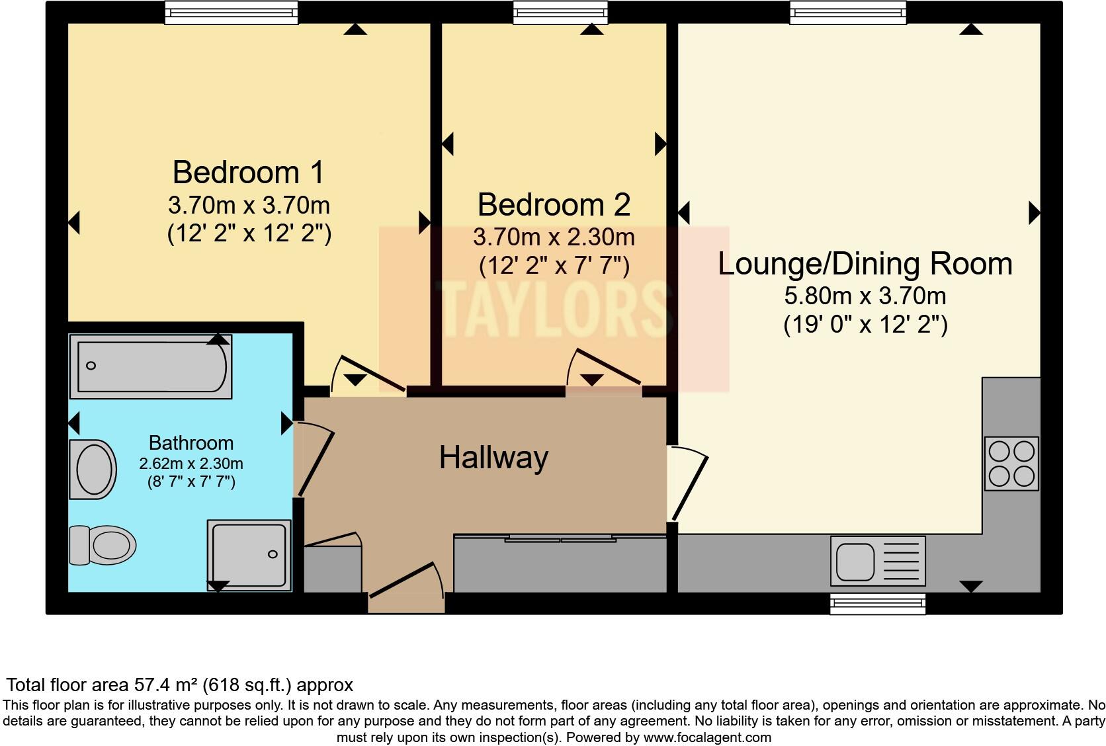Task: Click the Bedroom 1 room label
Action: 248,173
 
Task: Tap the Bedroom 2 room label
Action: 554,204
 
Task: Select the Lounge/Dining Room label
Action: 865,264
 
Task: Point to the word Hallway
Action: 493,458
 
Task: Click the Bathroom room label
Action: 191,443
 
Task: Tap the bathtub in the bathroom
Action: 151,366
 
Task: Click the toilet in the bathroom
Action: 103,545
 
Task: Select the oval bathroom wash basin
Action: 93,469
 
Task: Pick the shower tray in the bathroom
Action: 249,555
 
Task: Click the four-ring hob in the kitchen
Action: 1011,464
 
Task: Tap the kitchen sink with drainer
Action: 878,561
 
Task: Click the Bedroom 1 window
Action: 231,13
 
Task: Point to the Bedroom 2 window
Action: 560,13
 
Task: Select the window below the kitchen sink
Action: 878,604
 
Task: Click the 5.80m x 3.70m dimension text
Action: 865,296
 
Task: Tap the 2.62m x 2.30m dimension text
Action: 191,464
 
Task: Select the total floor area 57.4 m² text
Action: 180,684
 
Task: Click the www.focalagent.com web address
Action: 707,737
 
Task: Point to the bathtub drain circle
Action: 91,366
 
